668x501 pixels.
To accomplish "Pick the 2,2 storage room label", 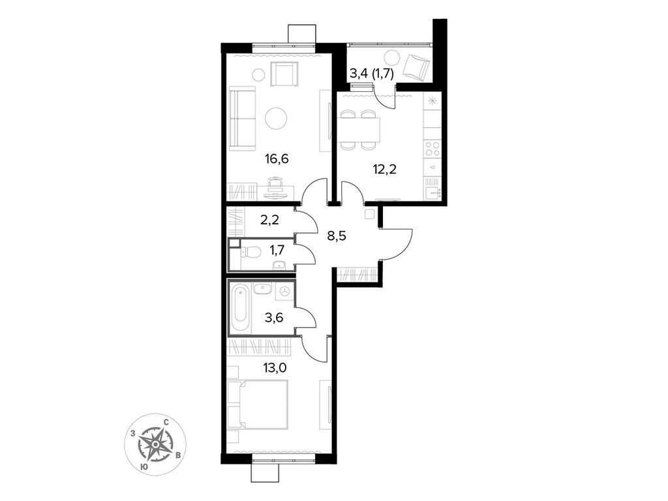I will click(x=269, y=220).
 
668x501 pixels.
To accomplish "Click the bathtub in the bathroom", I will click(x=239, y=307).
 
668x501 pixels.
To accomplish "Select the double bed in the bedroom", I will click(x=257, y=404).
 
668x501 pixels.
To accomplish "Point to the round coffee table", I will click(x=277, y=118).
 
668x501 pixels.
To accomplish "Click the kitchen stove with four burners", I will click(x=433, y=148).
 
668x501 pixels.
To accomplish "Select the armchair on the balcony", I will click(x=417, y=66).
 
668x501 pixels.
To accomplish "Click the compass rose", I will click(x=155, y=444).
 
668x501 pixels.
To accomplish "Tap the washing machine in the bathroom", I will click(x=284, y=292).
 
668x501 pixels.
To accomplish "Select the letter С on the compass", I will click(x=167, y=422).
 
